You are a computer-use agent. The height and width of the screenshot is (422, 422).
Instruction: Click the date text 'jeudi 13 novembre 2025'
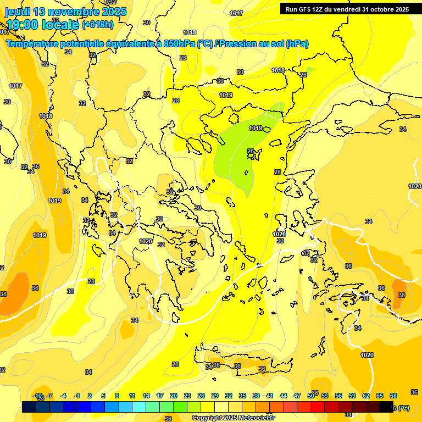point(66,12)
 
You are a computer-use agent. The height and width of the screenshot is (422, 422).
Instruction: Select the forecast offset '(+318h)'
point(98,25)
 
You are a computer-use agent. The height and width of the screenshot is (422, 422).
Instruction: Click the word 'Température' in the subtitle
point(34,44)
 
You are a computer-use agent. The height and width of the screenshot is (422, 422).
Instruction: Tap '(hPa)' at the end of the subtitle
point(297,44)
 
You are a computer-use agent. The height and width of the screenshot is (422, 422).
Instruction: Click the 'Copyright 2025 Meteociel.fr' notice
point(234,418)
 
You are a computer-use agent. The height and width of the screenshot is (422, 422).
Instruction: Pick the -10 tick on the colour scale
point(38,396)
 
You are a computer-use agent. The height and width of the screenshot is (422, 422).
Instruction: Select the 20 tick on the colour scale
point(174,396)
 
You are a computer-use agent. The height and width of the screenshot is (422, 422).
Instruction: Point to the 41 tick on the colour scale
point(270,396)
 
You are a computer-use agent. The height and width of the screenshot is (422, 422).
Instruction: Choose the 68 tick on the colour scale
point(393,396)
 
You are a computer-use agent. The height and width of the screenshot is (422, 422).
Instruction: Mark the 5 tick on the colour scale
point(103,396)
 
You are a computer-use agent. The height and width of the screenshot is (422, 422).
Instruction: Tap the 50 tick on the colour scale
point(311,396)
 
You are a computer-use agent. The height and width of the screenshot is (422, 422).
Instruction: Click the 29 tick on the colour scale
point(215,396)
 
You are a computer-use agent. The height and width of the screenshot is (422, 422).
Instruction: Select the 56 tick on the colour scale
point(338,396)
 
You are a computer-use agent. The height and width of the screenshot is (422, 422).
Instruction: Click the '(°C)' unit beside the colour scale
point(403,408)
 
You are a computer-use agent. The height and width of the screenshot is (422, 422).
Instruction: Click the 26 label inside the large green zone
point(251,152)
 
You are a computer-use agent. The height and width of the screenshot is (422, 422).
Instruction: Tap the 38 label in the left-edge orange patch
point(3,295)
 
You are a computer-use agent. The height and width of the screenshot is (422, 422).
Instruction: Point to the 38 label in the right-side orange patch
point(402,295)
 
